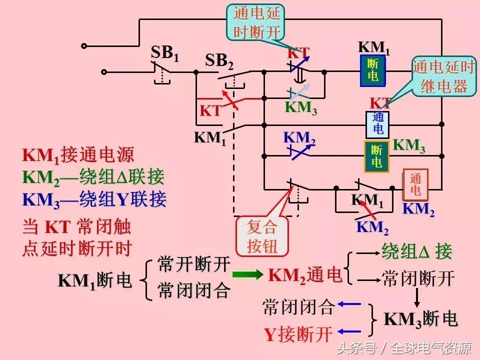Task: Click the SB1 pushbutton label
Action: pyautogui.click(x=164, y=53)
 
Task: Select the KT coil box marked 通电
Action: pyautogui.click(x=378, y=123)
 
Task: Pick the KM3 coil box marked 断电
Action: pyautogui.click(x=376, y=156)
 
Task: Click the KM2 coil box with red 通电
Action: pyautogui.click(x=415, y=184)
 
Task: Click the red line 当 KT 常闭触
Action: pyautogui.click(x=76, y=227)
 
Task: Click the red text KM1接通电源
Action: pyautogui.click(x=78, y=155)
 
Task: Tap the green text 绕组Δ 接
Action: pyautogui.click(x=416, y=251)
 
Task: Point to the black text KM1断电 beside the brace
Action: pyautogui.click(x=95, y=280)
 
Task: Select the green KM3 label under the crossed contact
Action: pyautogui.click(x=300, y=107)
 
